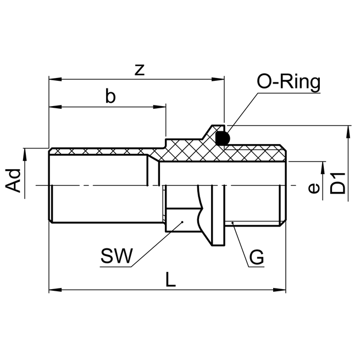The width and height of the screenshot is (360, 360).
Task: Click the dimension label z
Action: point(140,70)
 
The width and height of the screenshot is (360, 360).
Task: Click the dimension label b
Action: point(110,96)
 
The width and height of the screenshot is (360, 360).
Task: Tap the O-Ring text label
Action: point(288,82)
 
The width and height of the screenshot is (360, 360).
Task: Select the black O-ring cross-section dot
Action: point(222,138)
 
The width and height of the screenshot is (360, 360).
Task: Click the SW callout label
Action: point(117,257)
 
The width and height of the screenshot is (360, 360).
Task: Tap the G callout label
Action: point(256,257)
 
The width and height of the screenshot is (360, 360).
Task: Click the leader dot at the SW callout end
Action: point(181,223)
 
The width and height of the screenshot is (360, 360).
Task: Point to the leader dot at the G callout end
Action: point(232,223)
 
